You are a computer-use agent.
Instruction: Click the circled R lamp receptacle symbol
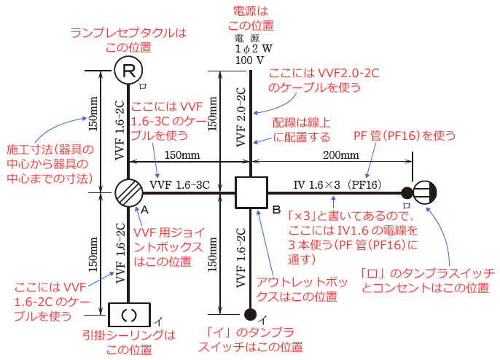tap(128, 71)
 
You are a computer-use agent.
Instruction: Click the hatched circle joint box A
tap(128, 193)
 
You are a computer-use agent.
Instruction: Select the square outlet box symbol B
tap(250, 193)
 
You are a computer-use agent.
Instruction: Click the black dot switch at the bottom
tap(250, 314)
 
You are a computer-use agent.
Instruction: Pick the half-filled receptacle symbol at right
tap(424, 193)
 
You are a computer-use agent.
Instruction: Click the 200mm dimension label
tap(340, 155)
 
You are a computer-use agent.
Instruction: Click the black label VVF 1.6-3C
tap(179, 185)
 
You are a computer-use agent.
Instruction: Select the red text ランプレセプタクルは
tap(128, 33)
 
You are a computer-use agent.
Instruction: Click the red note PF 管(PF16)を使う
tap(405, 136)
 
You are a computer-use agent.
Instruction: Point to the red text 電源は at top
tap(250, 11)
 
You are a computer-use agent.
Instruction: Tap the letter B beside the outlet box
tap(276, 211)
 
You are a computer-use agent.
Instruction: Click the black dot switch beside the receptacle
tap(406, 193)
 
